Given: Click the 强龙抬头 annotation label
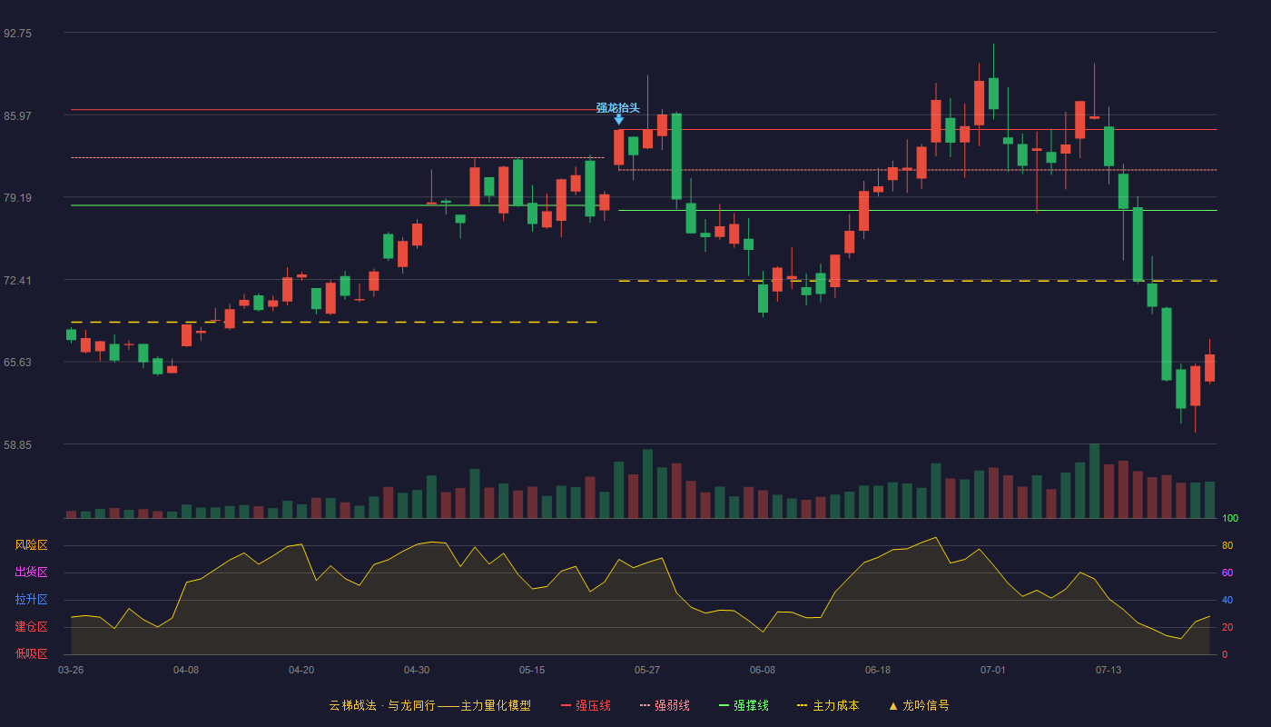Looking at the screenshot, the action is tap(617, 108).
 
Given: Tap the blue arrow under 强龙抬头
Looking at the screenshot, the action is tap(619, 120).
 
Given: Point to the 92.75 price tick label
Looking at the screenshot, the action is tap(17, 34).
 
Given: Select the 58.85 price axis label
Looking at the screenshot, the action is tap(17, 444).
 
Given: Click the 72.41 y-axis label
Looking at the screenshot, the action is tap(17, 281).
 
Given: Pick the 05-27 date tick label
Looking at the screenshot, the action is tap(647, 671).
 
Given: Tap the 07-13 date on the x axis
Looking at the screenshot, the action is tap(1108, 671).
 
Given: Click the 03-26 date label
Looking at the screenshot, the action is tap(71, 671).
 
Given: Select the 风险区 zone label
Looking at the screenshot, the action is tap(31, 545).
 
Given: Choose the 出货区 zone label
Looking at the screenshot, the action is tap(31, 572).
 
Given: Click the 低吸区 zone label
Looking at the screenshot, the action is tap(31, 653).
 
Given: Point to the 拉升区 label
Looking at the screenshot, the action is tap(31, 599).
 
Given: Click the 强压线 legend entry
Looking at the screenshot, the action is tap(586, 705).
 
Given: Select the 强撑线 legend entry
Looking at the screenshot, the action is tap(744, 705).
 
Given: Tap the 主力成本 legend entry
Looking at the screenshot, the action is tap(828, 705).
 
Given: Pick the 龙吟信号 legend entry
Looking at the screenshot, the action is tap(919, 705).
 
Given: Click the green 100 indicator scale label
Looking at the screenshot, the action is tap(1230, 518).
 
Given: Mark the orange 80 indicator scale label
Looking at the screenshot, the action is tap(1227, 545).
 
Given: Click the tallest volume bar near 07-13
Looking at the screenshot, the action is tap(1095, 481).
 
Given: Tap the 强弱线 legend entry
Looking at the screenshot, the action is tap(665, 705).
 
